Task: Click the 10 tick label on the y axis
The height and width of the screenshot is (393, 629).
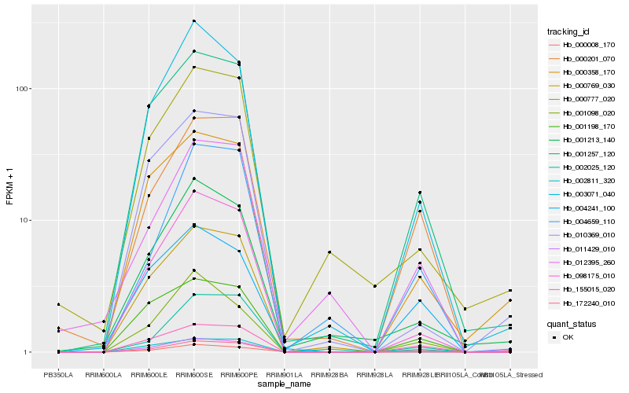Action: coord(23,220)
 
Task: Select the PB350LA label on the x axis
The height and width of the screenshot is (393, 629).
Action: coord(58,375)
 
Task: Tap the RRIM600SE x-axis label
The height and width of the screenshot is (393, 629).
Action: coord(194,375)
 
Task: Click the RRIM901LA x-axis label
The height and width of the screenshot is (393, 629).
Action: coord(285,375)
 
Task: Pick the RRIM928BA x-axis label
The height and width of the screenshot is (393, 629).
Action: coord(329,375)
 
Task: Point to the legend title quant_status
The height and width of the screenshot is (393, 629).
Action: coord(571,323)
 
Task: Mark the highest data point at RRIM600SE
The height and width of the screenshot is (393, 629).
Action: coord(194,21)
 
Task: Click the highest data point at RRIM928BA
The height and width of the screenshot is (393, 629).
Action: coord(329,252)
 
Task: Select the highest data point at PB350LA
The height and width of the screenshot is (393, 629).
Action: coord(58,304)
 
